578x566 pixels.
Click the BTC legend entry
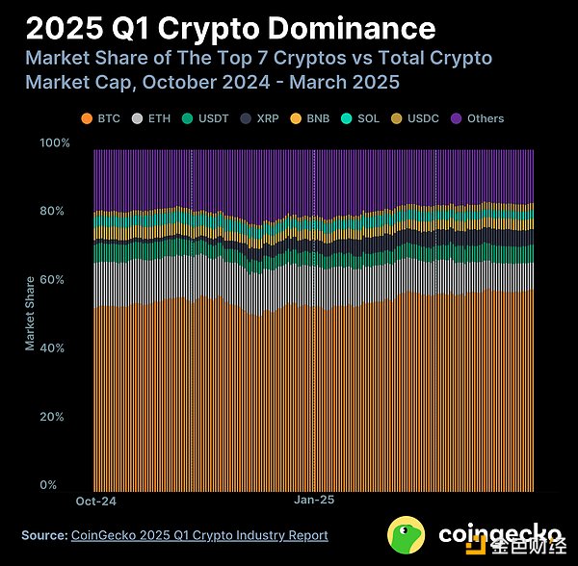pos(100,118)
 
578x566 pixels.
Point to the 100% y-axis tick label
pos(54,142)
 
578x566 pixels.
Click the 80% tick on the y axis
pos(57,211)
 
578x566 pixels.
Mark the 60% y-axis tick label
pos(57,279)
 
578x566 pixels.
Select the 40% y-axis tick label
pos(57,347)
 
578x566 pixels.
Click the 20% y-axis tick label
pos(57,417)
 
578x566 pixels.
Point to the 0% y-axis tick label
pos(60,485)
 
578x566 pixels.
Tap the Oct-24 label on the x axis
pos(95,502)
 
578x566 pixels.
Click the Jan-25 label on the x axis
pos(314,502)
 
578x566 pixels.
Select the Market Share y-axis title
pos(30,314)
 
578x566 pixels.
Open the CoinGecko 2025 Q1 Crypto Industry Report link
pos(199,535)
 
